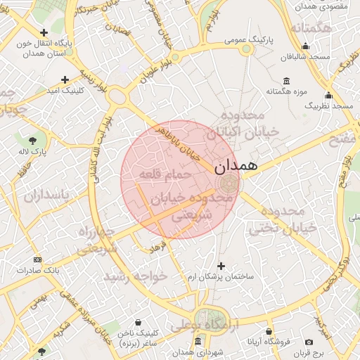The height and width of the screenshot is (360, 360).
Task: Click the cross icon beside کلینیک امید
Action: [x=65, y=79]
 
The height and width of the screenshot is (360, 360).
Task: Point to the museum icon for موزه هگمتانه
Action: [x=285, y=81]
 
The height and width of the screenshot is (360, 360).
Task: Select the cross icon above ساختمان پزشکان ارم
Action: [x=221, y=266]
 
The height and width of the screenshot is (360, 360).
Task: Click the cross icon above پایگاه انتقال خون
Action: [x=44, y=32]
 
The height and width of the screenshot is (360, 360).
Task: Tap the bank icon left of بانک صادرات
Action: [x=37, y=259]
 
